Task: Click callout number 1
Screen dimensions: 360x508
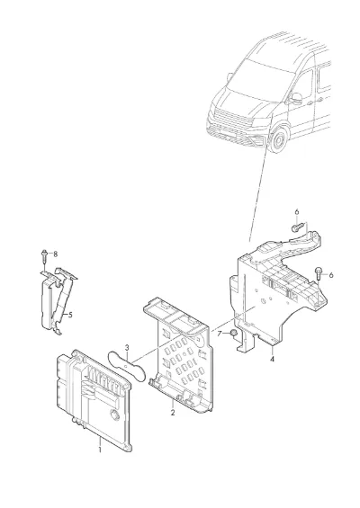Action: (x=100, y=450)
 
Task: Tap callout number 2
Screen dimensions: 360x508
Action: (x=173, y=413)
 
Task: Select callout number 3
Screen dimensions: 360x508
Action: (x=127, y=347)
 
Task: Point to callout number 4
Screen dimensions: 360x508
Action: (x=272, y=359)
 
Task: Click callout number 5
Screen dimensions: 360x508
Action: (x=70, y=315)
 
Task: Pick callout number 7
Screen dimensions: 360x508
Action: (x=220, y=334)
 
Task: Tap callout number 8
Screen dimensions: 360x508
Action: (x=56, y=254)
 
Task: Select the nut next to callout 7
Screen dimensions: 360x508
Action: (x=233, y=333)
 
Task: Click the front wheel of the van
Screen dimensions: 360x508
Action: (x=278, y=140)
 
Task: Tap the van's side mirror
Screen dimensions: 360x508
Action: (x=296, y=99)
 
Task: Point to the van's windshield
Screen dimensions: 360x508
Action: (x=259, y=80)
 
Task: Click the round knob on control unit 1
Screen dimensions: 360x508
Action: (x=114, y=414)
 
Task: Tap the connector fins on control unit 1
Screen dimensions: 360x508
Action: (x=104, y=379)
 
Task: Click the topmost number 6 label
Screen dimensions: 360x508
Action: (x=297, y=212)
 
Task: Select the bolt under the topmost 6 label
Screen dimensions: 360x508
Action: (x=298, y=227)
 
